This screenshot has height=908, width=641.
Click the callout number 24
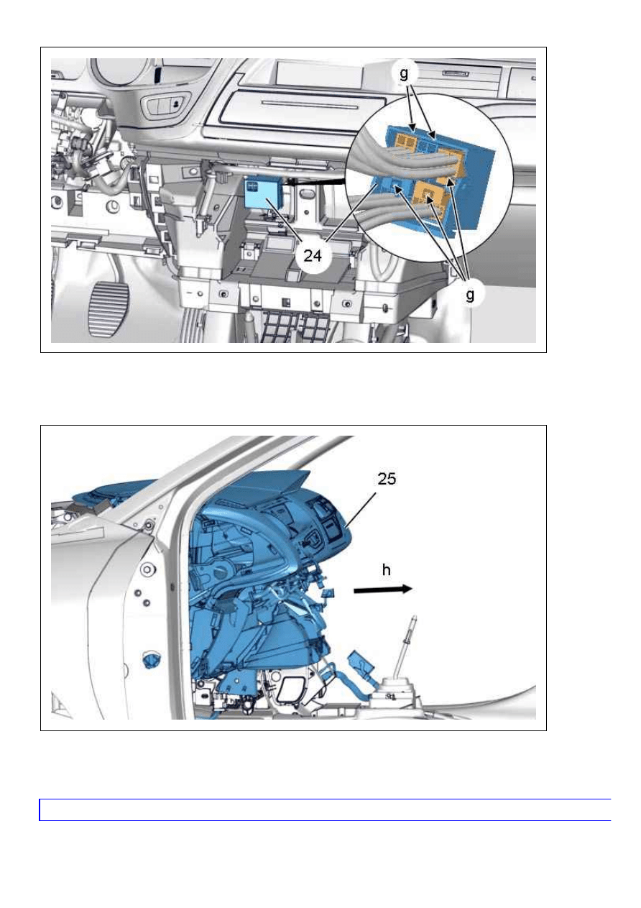click(313, 255)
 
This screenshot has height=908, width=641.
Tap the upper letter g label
click(404, 73)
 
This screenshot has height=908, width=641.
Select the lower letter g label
click(469, 295)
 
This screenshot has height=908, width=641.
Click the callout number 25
click(386, 479)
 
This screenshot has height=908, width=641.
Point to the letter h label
click(386, 570)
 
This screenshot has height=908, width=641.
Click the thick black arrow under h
click(383, 590)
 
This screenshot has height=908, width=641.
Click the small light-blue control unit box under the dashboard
click(261, 194)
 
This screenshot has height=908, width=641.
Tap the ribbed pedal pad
click(107, 310)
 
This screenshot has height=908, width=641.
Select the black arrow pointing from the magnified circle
click(313, 183)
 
